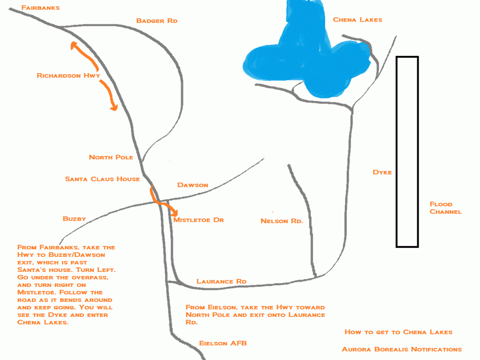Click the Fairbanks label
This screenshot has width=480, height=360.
(40, 7)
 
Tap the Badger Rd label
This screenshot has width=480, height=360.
(157, 21)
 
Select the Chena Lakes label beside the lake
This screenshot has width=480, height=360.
(358, 20)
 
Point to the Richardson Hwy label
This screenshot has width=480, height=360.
(68, 75)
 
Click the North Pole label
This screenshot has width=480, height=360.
(111, 157)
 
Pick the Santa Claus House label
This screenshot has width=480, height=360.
(102, 179)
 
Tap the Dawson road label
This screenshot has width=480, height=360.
(193, 185)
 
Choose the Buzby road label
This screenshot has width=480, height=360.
(74, 218)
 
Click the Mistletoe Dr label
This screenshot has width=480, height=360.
(198, 220)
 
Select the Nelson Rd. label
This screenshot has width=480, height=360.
(282, 221)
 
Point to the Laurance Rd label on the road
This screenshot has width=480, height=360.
(221, 281)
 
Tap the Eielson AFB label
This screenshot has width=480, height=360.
(223, 343)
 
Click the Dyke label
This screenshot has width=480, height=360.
(382, 172)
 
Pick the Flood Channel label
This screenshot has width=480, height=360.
(445, 208)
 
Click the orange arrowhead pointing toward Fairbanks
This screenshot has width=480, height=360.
(74, 45)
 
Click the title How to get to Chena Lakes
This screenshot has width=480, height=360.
(398, 332)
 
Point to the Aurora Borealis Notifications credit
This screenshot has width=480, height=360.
(402, 349)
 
